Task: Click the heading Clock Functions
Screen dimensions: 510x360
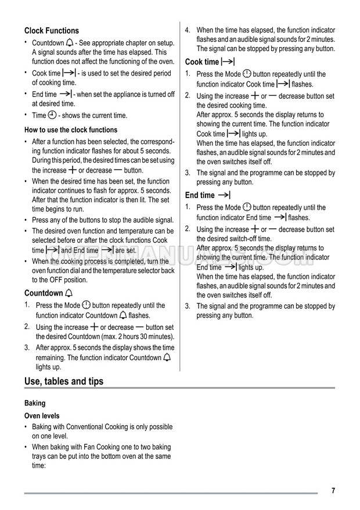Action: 52,31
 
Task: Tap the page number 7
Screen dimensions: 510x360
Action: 333,491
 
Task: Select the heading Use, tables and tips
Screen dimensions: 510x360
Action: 64,381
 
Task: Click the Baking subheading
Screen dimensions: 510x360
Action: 35,403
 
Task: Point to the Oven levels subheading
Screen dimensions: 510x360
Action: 42,416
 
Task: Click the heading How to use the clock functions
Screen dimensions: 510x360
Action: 71,130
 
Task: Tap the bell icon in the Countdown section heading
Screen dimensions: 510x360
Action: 70,293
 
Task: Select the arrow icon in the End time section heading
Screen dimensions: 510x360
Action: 225,195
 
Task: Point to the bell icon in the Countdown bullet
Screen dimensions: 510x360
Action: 70,42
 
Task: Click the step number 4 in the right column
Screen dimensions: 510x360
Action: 188,30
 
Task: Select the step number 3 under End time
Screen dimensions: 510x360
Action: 188,306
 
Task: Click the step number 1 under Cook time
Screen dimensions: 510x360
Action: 188,74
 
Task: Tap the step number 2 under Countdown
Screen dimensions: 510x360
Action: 27,327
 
